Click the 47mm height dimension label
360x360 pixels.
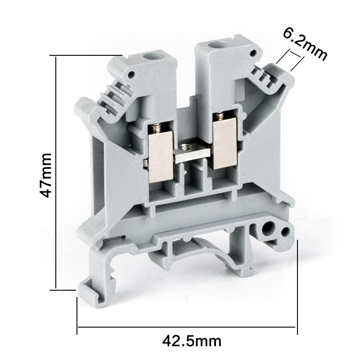[45, 175]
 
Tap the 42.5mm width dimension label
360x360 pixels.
[192, 341]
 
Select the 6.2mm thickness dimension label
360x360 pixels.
[305, 45]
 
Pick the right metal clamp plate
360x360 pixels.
[225, 144]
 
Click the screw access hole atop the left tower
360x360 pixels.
[149, 56]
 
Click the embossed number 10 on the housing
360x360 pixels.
[249, 205]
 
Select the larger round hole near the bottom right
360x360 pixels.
[268, 229]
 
